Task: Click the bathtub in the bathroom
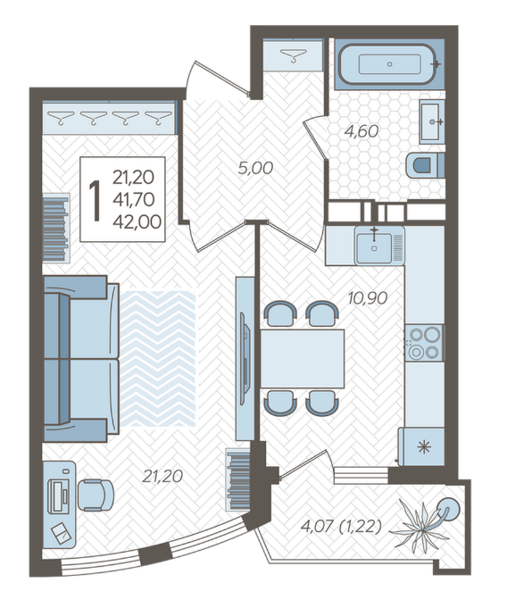388,64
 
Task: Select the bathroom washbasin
432,121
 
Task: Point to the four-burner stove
423,343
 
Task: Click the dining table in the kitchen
302,359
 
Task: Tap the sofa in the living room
81,358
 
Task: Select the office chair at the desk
96,495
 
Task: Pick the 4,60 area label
361,131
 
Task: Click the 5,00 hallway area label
255,169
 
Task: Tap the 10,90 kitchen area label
368,298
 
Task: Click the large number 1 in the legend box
95,200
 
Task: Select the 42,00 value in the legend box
137,222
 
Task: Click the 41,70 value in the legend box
134,200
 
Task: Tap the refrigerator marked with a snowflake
421,446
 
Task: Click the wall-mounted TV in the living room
245,358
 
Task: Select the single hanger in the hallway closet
293,55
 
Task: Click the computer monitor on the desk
59,495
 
